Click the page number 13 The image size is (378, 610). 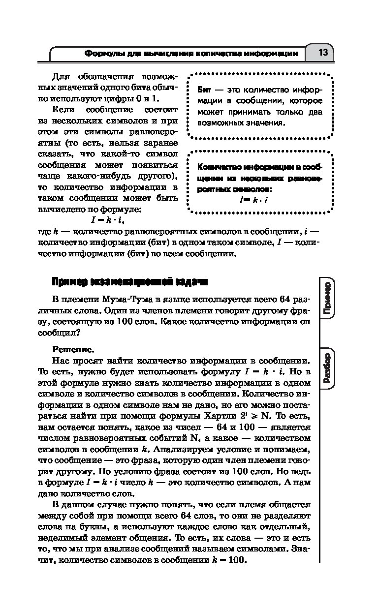click(323, 53)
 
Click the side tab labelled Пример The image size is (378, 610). click(327, 299)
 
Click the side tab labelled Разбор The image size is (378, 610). click(327, 369)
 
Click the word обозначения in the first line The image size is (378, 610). click(107, 77)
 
